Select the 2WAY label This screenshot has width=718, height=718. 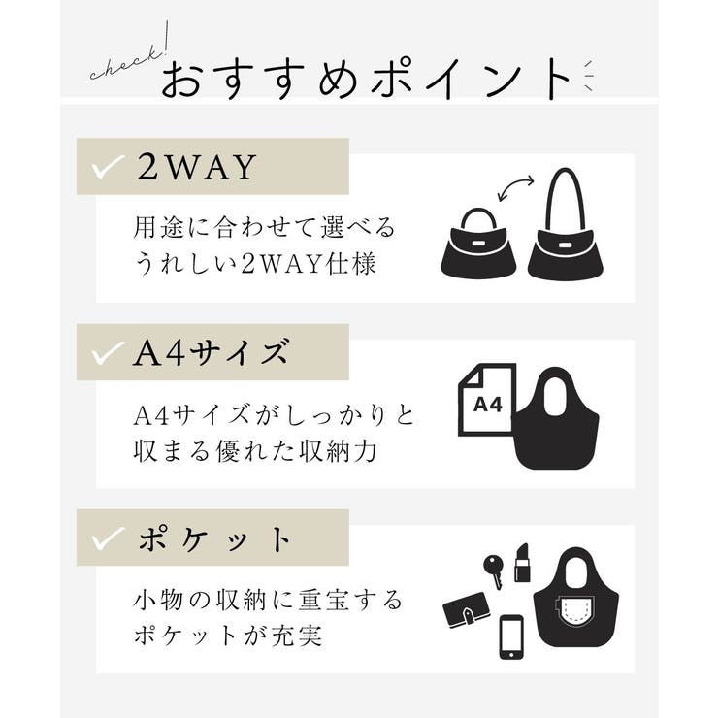click(x=196, y=167)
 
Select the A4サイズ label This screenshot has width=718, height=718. click(x=211, y=353)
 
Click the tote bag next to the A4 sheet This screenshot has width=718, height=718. click(x=555, y=417)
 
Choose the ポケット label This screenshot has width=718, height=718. click(x=214, y=538)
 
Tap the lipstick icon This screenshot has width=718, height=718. click(x=522, y=562)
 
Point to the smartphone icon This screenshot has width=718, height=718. click(x=511, y=636)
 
